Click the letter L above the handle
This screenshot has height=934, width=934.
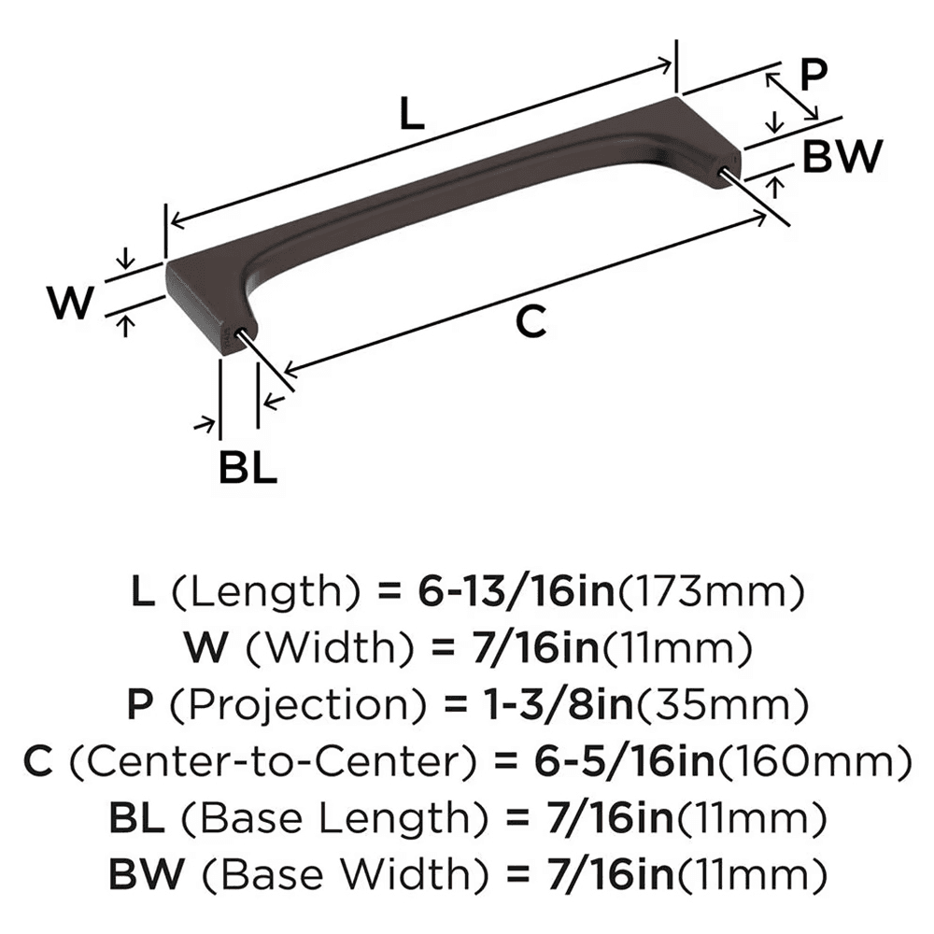click(412, 114)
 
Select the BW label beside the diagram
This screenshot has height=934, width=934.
click(842, 156)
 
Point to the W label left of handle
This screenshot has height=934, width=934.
click(71, 303)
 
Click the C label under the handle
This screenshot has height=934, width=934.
click(531, 321)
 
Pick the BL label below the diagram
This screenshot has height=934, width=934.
click(248, 467)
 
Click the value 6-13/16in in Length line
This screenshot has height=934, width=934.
click(516, 592)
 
